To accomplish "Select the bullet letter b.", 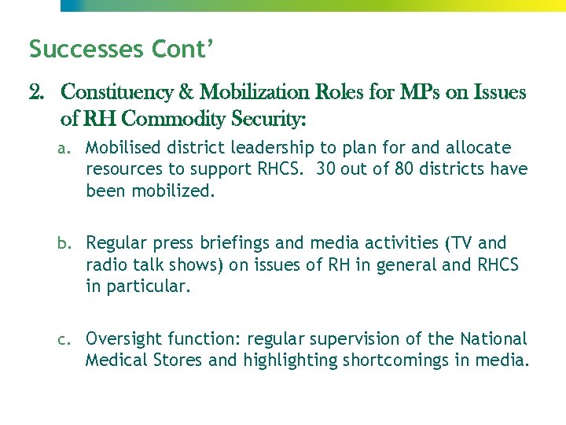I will pyautogui.click(x=71, y=244).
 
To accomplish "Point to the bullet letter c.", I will pyautogui.click(x=71, y=340).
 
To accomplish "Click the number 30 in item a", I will pyautogui.click(x=328, y=169).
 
